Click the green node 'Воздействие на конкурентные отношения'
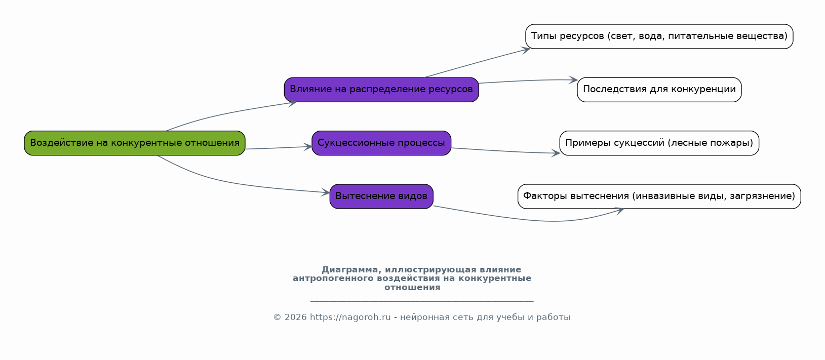(134, 143)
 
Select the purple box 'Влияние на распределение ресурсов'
(381, 90)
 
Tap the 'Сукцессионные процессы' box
(381, 143)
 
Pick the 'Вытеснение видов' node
(381, 196)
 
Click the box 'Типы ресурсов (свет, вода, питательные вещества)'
(659, 36)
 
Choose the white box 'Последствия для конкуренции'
(659, 90)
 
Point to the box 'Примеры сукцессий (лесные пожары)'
(659, 143)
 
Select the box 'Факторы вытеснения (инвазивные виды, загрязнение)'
(659, 196)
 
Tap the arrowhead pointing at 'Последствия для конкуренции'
(573, 80)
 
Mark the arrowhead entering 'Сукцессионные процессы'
(308, 147)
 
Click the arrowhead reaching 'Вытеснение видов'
(326, 192)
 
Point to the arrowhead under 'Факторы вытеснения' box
(619, 211)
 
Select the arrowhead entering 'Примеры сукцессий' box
(556, 153)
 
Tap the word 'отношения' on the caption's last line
(412, 288)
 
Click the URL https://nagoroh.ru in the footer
(350, 317)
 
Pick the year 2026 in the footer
(295, 317)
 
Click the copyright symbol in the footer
(278, 317)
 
